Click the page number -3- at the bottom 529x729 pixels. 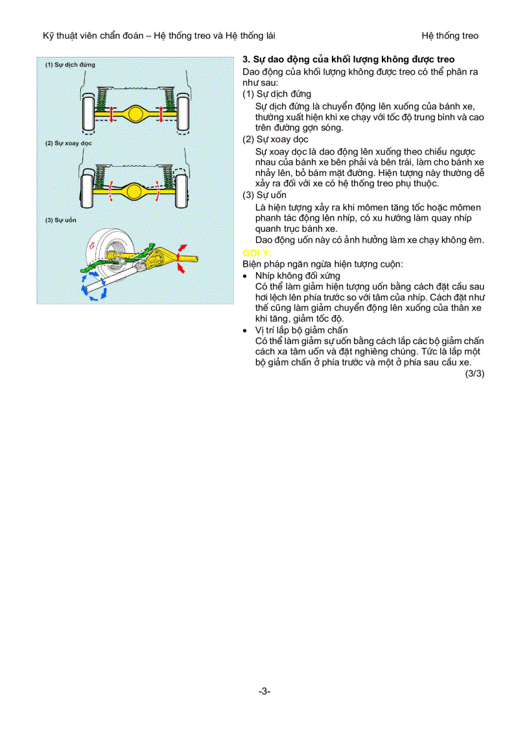(x=264, y=691)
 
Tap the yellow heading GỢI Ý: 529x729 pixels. (x=255, y=253)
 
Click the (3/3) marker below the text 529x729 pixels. (x=475, y=373)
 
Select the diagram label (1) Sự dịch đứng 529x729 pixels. (x=70, y=65)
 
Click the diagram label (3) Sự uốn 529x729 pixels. (x=61, y=220)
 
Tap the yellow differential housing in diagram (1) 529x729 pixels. (x=135, y=114)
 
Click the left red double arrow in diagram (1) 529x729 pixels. (x=111, y=114)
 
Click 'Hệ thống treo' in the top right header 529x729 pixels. (x=449, y=36)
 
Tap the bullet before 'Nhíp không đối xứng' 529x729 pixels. (x=245, y=276)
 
